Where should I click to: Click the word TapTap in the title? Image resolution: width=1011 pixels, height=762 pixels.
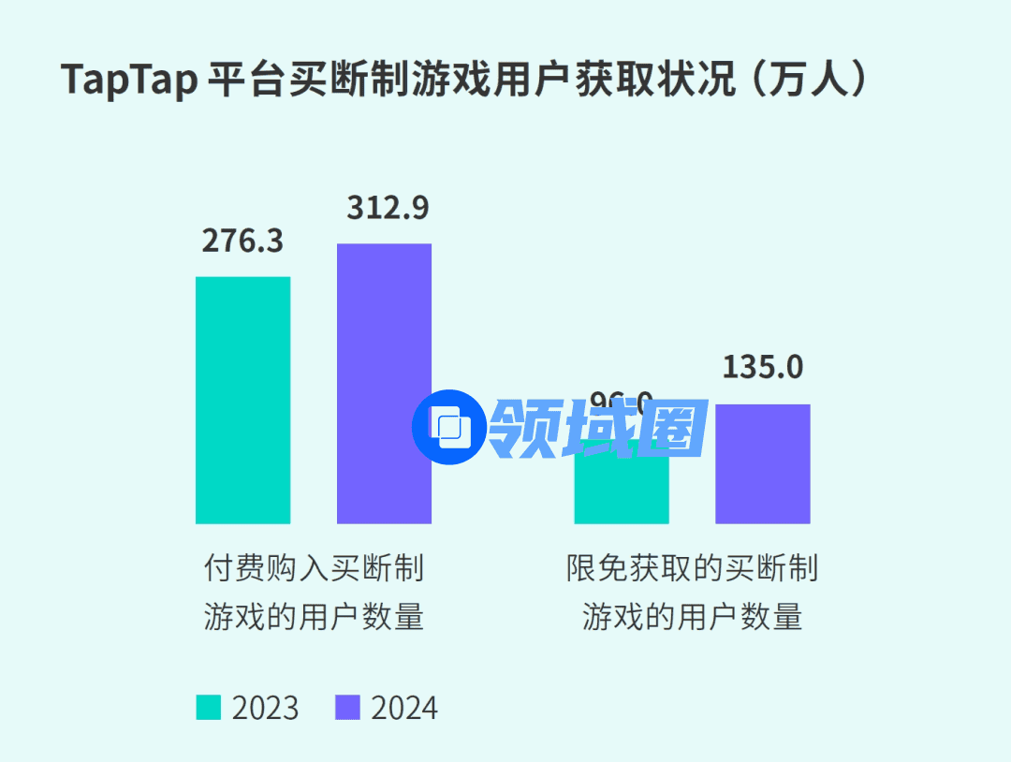coord(129,81)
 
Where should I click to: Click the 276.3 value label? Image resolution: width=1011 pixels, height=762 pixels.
coord(242,241)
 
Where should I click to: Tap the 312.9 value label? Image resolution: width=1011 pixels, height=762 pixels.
coord(388,208)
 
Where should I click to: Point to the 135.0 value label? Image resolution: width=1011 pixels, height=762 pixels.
coord(763,367)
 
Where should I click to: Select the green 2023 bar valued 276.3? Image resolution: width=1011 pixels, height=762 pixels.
coord(242,400)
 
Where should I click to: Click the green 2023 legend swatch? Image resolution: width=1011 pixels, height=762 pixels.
coord(209,708)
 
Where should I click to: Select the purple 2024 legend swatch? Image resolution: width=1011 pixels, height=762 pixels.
coord(347,708)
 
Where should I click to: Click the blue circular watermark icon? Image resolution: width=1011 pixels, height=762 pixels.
coord(450,428)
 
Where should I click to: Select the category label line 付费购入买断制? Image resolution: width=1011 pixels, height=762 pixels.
coord(314,568)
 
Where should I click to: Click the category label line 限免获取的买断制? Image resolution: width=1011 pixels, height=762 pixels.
coord(692,568)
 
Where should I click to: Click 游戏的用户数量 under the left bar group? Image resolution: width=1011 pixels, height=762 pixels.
coord(314,618)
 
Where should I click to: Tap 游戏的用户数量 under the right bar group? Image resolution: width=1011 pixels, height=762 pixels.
coord(692,618)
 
